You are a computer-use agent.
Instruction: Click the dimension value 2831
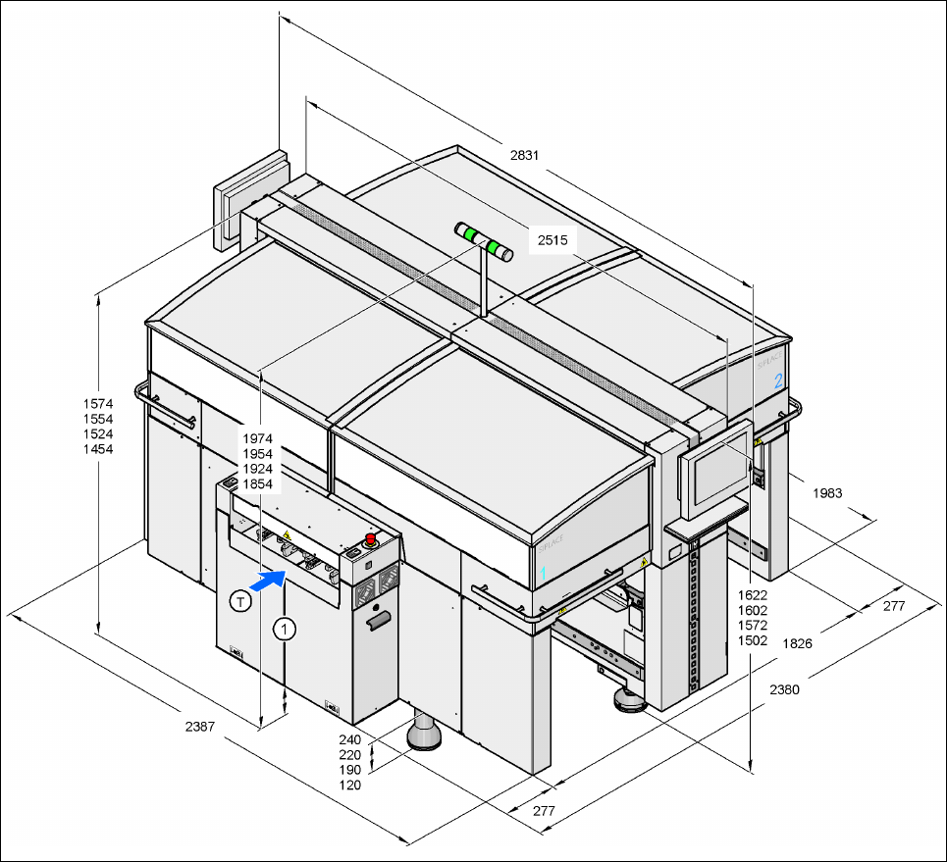coord(526,155)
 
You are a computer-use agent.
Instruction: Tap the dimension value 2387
coord(200,728)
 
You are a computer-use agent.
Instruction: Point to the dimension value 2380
coord(784,689)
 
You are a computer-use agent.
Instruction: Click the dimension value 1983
coord(827,493)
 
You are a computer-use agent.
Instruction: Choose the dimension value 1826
coord(796,643)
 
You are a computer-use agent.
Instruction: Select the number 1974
coord(257,439)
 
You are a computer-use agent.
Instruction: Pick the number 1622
coord(753,595)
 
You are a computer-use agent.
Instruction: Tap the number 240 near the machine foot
coord(350,739)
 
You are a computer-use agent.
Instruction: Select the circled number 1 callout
coord(285,629)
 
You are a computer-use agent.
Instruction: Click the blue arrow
coord(267,580)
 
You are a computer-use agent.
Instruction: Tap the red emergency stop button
coord(372,538)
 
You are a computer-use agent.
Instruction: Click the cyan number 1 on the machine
coord(542,571)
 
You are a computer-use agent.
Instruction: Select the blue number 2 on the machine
coord(778,380)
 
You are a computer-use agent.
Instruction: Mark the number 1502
coord(753,640)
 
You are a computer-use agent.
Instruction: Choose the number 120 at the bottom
coord(350,785)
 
